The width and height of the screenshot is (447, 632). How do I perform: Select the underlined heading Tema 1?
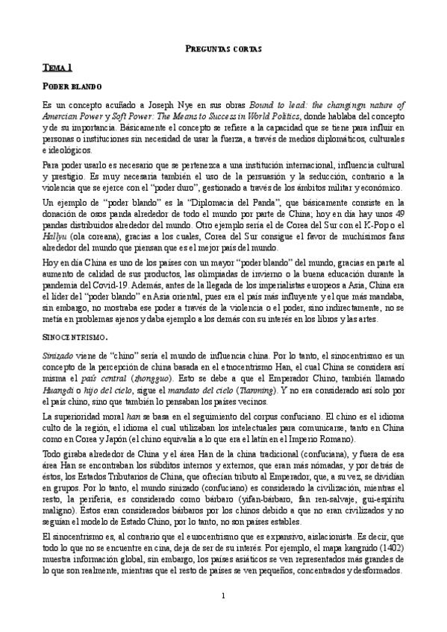point(57,68)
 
